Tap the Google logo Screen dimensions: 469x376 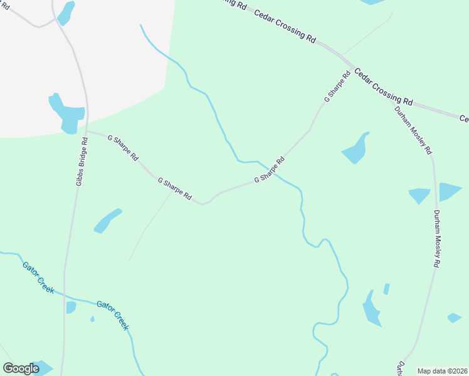pos(21,368)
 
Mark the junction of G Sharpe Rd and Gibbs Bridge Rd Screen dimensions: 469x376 pos(87,131)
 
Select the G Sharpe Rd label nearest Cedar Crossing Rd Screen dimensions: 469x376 pos(337,87)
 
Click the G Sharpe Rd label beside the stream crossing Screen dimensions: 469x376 pos(269,169)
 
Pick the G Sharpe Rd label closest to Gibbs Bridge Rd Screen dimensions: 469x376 pos(122,148)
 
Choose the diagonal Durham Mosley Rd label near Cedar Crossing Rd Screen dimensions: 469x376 pos(413,130)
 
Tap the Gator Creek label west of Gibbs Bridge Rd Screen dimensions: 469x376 pos(38,276)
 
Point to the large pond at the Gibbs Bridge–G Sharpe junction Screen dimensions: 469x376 pos(67,115)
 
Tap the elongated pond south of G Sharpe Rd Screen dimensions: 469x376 pos(107,221)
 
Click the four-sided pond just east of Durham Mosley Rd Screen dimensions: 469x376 pos(450,191)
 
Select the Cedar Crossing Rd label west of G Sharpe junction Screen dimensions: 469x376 pos(285,25)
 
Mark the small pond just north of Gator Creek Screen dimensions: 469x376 pos(71,307)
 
